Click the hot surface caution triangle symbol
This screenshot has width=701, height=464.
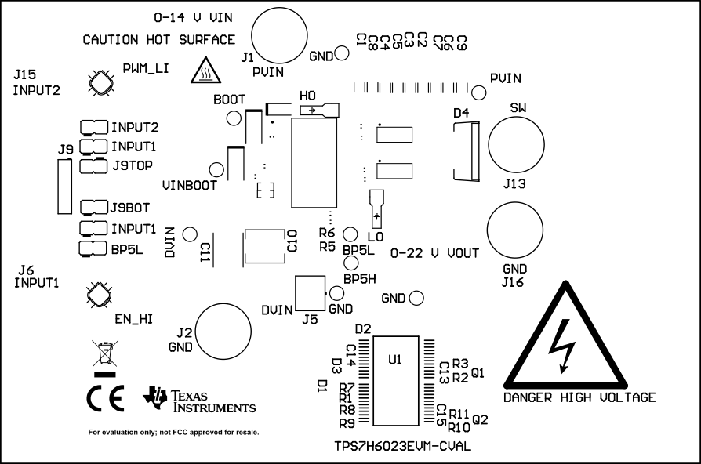pos(205,72)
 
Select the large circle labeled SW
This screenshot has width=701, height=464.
pos(516,144)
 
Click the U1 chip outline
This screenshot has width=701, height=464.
pos(396,380)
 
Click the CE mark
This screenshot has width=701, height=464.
pos(105,399)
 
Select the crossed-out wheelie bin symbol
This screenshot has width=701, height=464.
pos(103,355)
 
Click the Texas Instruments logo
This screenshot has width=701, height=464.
pos(200,400)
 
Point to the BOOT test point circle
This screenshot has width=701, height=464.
pos(234,118)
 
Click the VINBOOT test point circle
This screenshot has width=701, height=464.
pos(216,169)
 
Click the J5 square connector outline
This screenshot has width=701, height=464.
pos(310,293)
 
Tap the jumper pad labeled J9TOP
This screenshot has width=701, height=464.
pos(94,165)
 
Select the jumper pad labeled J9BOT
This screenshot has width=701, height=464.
pos(94,208)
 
